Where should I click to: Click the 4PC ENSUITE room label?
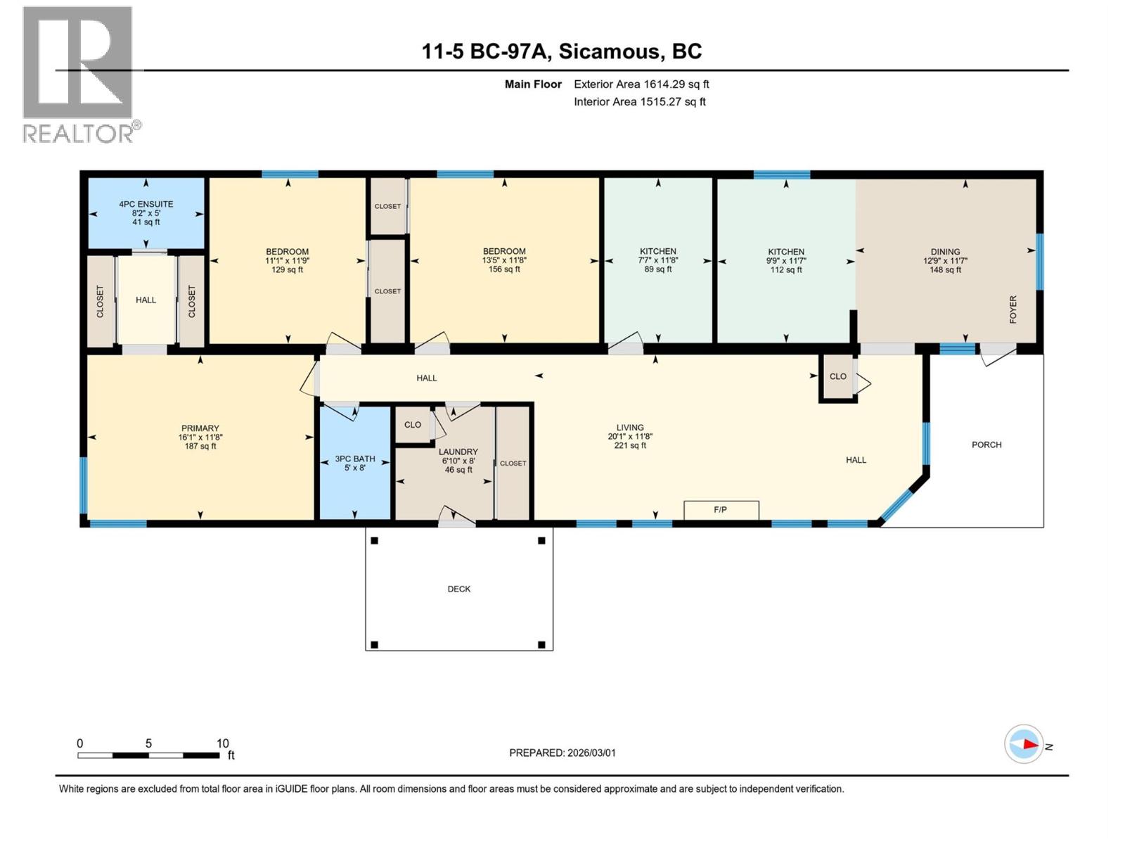pos(146,205)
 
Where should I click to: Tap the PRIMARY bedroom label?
pos(200,428)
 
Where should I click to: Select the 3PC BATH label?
pos(355,459)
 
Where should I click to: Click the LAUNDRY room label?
pos(458,452)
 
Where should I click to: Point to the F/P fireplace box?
pos(721,510)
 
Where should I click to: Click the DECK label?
pos(459,589)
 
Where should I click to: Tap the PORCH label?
pos(986,445)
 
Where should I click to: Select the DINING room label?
pos(945,252)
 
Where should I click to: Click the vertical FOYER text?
pos(1013,309)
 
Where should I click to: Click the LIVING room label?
pos(630,428)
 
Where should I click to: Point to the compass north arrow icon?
pos(1024,744)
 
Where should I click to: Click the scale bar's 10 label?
pos(222,743)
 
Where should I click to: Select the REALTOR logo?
pos(79,74)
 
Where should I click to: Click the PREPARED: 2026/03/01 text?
pos(562,753)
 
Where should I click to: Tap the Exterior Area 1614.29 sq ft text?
pos(641,84)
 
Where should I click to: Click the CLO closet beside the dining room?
pos(838,376)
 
